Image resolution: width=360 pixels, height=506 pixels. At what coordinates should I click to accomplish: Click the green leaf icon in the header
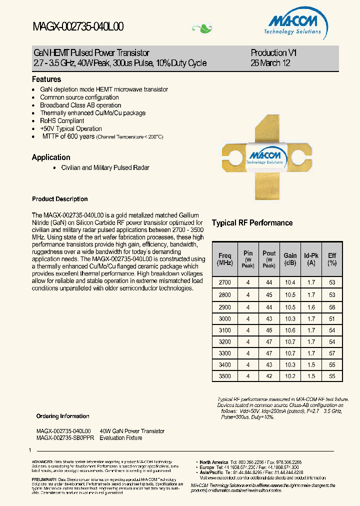click(202, 28)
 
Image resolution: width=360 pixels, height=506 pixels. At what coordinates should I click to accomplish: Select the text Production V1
click(273, 53)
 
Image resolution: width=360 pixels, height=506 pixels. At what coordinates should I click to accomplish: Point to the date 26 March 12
click(270, 63)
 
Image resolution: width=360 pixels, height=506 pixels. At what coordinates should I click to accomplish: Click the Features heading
click(46, 79)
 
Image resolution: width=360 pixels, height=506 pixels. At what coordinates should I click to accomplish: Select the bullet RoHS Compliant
click(62, 121)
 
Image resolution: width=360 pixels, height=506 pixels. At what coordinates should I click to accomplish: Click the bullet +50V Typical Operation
click(71, 129)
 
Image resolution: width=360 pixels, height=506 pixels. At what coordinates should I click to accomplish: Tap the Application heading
click(51, 157)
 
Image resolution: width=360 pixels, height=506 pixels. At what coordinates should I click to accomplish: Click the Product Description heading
click(59, 199)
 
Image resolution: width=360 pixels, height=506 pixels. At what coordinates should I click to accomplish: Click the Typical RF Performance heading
click(252, 223)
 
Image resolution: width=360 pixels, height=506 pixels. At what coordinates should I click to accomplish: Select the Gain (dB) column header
click(290, 259)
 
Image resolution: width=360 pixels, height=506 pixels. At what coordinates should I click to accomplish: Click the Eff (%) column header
click(332, 259)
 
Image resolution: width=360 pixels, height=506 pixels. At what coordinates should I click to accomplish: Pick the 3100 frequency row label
click(225, 330)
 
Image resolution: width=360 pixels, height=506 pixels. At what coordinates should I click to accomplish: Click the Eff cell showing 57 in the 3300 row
click(332, 353)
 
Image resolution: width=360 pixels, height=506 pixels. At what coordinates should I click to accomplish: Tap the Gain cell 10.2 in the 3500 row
click(290, 376)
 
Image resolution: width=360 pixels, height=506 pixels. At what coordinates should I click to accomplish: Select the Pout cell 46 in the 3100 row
click(269, 330)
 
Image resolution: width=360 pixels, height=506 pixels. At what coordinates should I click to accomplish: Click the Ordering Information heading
click(63, 416)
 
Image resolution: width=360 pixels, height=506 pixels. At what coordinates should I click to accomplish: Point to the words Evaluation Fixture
click(121, 438)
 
